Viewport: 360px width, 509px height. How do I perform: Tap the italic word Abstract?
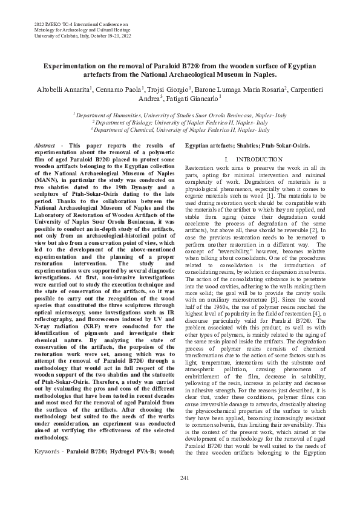click(x=44, y=146)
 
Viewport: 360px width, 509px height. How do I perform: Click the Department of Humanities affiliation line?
click(x=180, y=114)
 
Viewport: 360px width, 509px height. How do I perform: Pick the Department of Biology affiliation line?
click(x=180, y=122)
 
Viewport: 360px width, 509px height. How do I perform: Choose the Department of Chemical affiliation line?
click(x=180, y=129)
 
